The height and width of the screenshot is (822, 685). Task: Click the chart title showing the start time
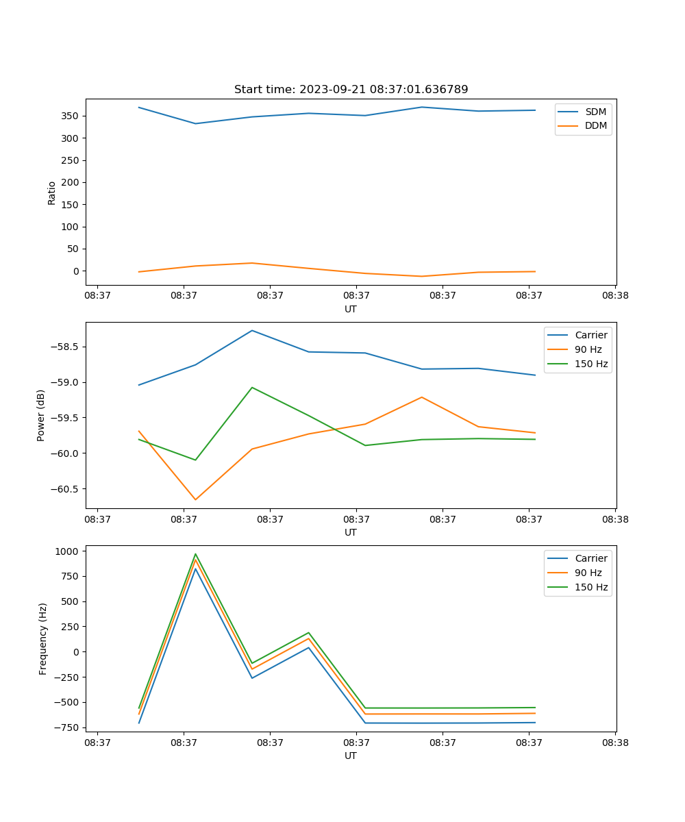pyautogui.click(x=351, y=90)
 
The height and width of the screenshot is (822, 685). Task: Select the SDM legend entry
pyautogui.click(x=595, y=112)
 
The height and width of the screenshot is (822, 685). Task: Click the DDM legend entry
pyautogui.click(x=595, y=125)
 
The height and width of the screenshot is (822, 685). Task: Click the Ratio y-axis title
pyautogui.click(x=52, y=192)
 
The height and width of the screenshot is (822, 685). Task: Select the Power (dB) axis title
pyautogui.click(x=41, y=415)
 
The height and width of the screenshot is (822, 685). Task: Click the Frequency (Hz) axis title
pyautogui.click(x=43, y=638)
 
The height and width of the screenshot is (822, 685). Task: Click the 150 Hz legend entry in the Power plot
pyautogui.click(x=591, y=364)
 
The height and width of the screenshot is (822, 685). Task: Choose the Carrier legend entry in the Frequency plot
pyautogui.click(x=591, y=558)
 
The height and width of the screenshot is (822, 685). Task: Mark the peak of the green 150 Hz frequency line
pyautogui.click(x=195, y=554)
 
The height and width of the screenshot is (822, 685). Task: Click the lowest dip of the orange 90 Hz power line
pyautogui.click(x=195, y=499)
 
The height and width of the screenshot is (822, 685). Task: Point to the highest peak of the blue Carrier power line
pyautogui.click(x=252, y=331)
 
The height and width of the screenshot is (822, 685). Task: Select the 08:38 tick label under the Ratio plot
pyautogui.click(x=615, y=296)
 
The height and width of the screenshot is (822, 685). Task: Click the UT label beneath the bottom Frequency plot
pyautogui.click(x=351, y=756)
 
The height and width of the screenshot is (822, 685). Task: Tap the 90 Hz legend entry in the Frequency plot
pyautogui.click(x=591, y=573)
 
